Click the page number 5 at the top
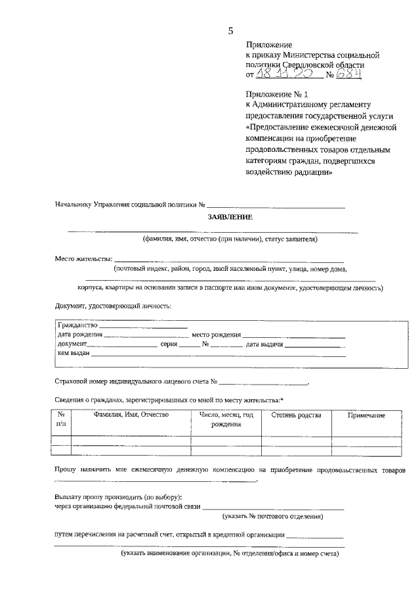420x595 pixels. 230,30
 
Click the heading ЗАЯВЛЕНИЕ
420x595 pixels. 230,217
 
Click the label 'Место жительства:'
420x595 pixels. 83,258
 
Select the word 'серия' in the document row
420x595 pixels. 169,344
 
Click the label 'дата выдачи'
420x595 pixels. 264,344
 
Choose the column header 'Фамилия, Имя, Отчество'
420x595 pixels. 131,415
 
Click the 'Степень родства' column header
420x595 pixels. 297,415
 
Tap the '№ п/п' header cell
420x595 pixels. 61,419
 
